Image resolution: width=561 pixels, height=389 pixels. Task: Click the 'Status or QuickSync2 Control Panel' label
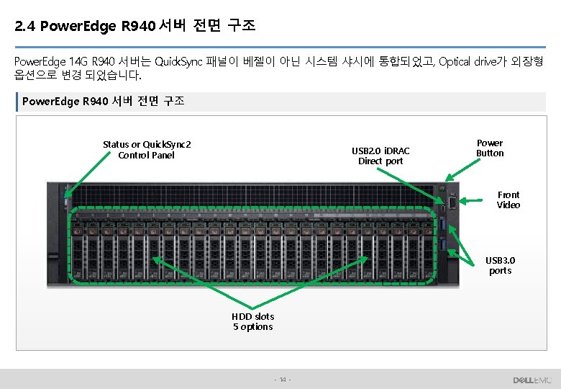tap(147, 150)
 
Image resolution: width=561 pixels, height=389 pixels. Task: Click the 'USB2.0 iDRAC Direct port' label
tap(380, 156)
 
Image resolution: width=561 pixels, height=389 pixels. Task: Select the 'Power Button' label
tap(490, 148)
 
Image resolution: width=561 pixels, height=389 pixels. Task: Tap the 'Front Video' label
tap(508, 200)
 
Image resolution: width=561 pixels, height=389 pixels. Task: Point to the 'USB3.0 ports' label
tap(500, 265)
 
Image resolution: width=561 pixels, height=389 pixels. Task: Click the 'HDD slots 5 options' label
tap(252, 321)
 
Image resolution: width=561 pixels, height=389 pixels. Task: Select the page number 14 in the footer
tap(283, 380)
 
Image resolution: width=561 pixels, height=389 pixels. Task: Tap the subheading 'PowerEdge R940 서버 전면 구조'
tap(104, 102)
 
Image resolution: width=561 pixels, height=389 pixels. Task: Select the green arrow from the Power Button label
tap(459, 169)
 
